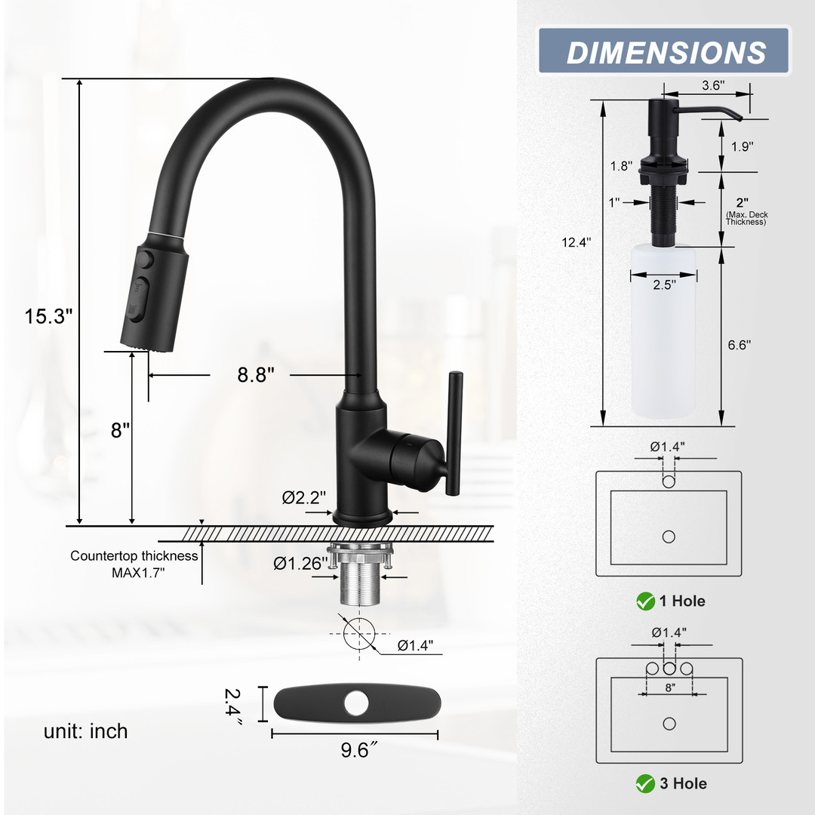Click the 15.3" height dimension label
tap(49, 315)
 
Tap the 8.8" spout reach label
tap(256, 374)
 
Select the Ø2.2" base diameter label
tap(304, 497)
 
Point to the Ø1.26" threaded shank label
tap(301, 563)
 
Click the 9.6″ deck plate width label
tap(359, 750)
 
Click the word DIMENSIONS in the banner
tap(666, 53)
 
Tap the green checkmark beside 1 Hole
tap(645, 601)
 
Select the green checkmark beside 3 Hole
tap(645, 783)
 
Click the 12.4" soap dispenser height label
tap(577, 242)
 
